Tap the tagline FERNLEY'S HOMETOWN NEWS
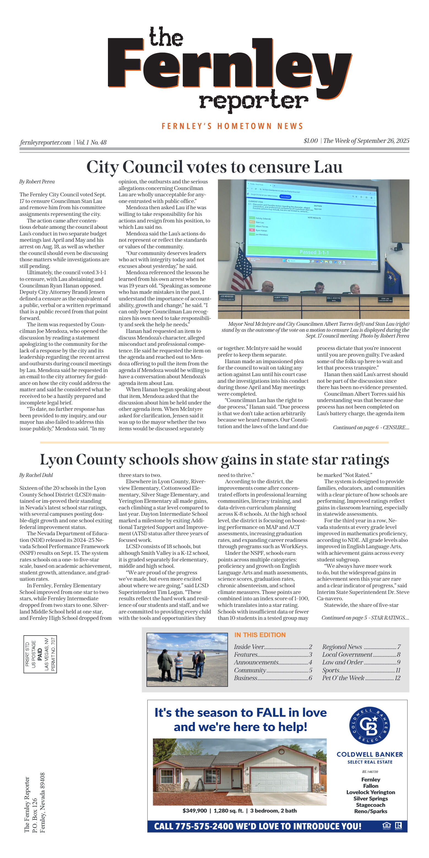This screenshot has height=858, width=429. [x=232, y=126]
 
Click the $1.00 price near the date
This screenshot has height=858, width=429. [x=310, y=141]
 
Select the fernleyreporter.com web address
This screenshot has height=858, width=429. [x=45, y=143]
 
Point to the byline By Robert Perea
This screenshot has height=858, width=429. [x=37, y=181]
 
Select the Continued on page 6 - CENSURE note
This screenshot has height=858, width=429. [x=371, y=427]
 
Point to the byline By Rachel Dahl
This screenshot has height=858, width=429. [x=36, y=475]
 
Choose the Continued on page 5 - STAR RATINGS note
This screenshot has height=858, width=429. [x=365, y=618]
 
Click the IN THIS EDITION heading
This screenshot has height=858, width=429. [x=260, y=635]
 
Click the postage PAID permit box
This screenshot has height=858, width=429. [x=40, y=654]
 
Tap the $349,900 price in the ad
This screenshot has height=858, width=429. [x=194, y=811]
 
